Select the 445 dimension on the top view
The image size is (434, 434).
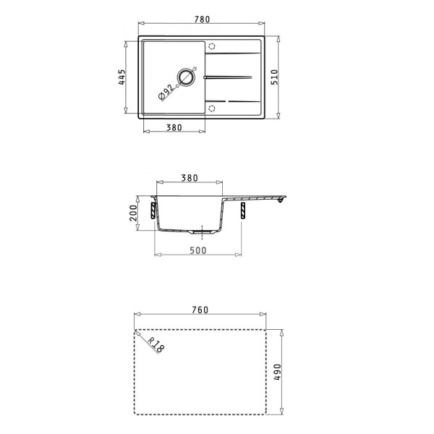click(x=123, y=77)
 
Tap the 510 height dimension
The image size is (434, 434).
click(x=275, y=77)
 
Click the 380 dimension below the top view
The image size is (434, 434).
click(x=172, y=127)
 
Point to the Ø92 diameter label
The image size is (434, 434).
click(x=166, y=91)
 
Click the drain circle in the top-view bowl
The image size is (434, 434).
click(x=187, y=77)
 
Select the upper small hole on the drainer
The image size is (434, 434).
click(x=212, y=45)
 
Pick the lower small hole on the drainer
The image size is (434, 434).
click(x=212, y=108)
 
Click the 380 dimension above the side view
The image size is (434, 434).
click(x=190, y=179)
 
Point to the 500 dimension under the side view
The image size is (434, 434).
click(x=198, y=250)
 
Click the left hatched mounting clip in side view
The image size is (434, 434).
click(x=153, y=210)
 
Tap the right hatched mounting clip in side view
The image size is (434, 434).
click(x=242, y=210)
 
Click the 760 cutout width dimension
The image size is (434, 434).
click(x=200, y=310)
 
